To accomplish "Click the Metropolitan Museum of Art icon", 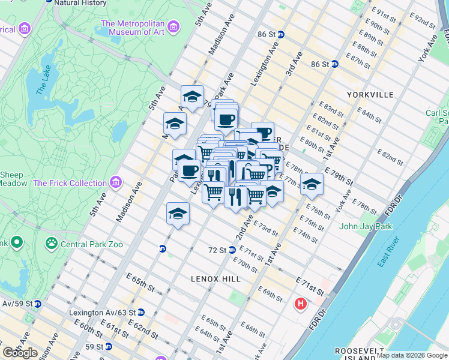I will [x=173, y=27].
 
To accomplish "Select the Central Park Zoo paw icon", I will [x=52, y=244].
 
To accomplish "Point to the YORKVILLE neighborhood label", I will [x=370, y=95].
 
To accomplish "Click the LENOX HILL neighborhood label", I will [x=215, y=279].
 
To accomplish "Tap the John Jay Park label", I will [x=365, y=226].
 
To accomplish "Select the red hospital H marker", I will [x=300, y=304].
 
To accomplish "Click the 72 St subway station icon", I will [x=232, y=250].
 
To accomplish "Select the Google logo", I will [x=20, y=353].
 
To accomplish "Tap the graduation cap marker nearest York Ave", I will [x=312, y=184].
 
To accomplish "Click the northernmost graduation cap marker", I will [x=192, y=97].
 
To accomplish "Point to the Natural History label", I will [x=80, y=3].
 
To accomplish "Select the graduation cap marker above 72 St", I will [x=178, y=214].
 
